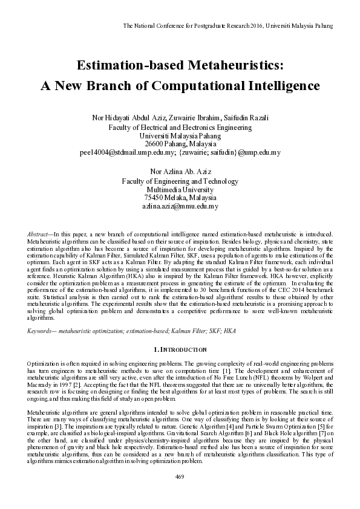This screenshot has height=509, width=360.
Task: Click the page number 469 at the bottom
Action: [180, 493]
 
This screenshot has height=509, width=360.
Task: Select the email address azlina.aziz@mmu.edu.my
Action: [180, 206]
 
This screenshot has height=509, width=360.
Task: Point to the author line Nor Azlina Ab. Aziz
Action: [180, 172]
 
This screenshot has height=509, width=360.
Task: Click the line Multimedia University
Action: [180, 189]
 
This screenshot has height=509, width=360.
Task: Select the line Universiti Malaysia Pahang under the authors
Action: [180, 136]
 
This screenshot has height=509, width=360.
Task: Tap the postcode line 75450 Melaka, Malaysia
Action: [180, 198]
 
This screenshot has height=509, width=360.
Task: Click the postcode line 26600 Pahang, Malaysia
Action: [180, 144]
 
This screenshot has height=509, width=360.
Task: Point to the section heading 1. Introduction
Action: [180, 349]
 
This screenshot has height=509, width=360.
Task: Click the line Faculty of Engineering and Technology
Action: [180, 180]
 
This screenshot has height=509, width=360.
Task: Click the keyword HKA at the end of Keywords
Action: [230, 331]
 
